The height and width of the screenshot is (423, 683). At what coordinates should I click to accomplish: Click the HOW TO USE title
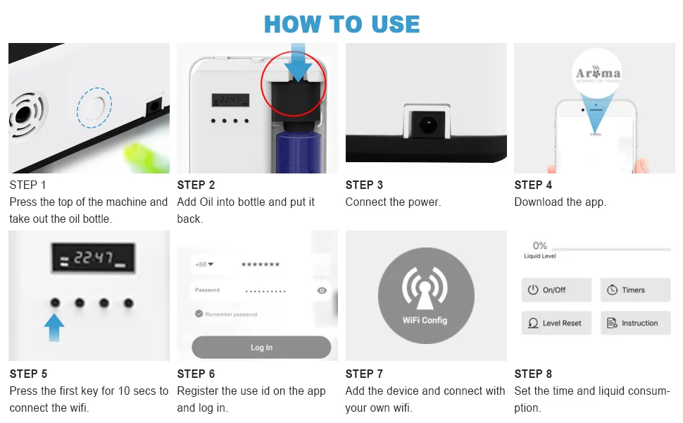341,24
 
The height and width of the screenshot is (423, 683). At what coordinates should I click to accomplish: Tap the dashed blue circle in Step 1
94,108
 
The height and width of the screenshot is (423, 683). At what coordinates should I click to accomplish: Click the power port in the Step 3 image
426,127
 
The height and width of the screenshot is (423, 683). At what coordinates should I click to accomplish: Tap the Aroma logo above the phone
598,73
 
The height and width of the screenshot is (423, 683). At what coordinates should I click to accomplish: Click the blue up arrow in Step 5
54,327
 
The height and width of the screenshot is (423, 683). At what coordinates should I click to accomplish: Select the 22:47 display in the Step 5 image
89,259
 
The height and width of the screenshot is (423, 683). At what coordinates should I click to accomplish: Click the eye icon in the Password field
322,290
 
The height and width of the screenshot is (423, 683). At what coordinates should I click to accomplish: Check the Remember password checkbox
199,314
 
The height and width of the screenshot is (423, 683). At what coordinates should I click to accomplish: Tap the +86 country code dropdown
204,264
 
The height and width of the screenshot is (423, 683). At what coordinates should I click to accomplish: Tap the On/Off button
556,290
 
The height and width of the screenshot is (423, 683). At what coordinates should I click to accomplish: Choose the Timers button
635,290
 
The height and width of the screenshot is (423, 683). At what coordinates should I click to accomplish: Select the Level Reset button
556,323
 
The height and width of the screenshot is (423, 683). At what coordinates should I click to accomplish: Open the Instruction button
635,323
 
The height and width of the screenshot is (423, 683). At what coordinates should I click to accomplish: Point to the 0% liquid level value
540,245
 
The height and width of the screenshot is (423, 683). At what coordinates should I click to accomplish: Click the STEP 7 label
364,374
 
